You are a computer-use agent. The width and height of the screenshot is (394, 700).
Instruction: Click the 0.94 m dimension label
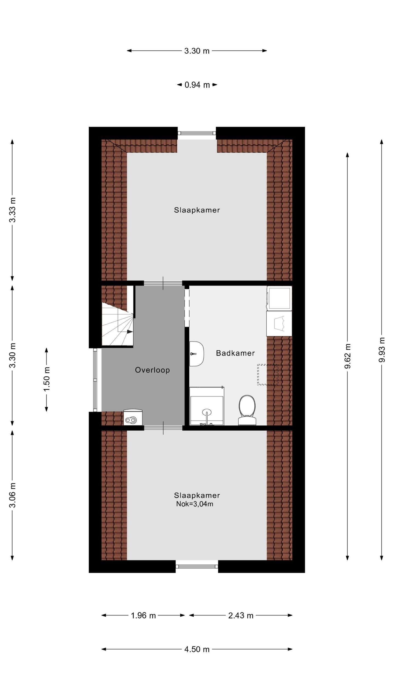[197, 85]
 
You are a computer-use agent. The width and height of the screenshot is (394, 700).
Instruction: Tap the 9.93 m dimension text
[382, 350]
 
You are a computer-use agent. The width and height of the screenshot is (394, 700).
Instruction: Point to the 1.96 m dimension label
[143, 616]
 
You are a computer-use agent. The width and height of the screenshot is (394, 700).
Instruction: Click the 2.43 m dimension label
[241, 616]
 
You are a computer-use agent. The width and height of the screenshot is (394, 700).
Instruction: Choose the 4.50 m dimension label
[197, 649]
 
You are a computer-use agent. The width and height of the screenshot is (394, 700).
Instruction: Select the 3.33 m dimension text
[12, 210]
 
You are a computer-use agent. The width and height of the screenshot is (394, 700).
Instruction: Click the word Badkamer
[235, 353]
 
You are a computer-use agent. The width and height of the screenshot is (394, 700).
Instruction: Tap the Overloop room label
[152, 370]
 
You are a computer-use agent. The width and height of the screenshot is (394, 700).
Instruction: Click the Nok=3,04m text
[195, 504]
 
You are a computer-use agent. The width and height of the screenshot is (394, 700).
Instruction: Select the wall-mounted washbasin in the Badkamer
[196, 354]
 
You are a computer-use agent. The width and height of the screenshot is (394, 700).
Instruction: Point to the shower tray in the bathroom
[207, 407]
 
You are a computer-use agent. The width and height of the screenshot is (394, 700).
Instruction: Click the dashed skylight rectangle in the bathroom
[267, 375]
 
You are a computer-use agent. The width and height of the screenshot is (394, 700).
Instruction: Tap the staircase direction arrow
[130, 332]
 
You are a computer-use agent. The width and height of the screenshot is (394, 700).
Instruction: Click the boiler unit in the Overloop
[133, 417]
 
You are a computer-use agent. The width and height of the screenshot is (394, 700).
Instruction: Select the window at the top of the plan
[197, 133]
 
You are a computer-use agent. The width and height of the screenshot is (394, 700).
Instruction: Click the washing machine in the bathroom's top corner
[279, 298]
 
